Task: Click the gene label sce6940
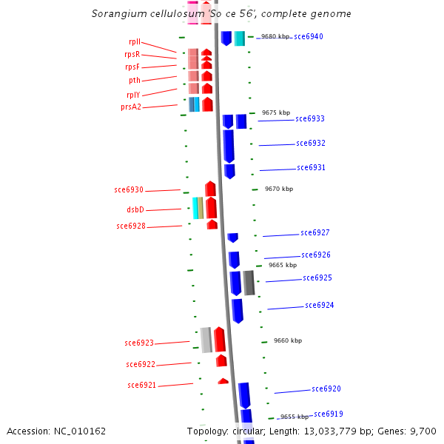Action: point(308,36)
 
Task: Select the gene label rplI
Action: point(135,42)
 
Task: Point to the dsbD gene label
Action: point(135,209)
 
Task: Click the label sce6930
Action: point(129,190)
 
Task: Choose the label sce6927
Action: point(314,233)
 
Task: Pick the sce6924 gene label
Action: point(319,305)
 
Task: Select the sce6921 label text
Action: point(142,385)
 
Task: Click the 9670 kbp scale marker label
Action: point(279,189)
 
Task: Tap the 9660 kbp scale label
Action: point(288,340)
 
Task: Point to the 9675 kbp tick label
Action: point(276,112)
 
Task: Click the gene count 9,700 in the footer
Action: point(421,431)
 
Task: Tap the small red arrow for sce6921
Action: point(223,381)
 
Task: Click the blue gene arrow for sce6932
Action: point(229,146)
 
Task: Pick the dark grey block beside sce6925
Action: point(249,283)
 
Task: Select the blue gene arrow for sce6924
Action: point(237,310)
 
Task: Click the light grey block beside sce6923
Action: point(206,340)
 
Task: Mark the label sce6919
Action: point(328,414)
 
